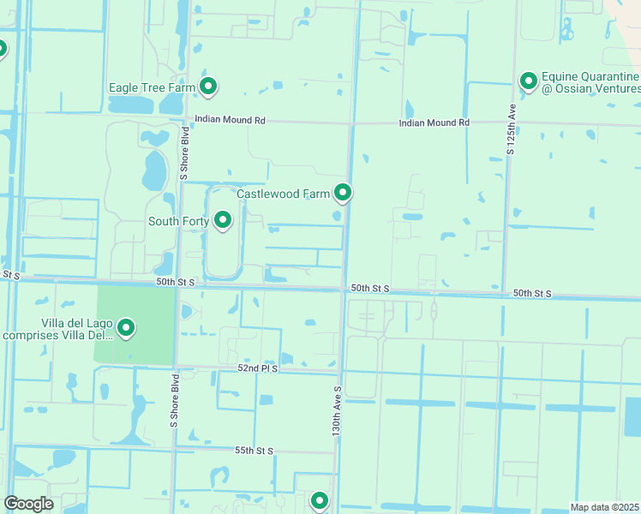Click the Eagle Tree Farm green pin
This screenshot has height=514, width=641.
pyautogui.click(x=207, y=86)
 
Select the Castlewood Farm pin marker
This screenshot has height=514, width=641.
pyautogui.click(x=343, y=193)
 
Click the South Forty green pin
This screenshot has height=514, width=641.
pyautogui.click(x=223, y=220)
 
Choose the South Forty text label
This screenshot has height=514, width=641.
pyautogui.click(x=178, y=222)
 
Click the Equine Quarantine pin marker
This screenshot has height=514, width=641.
pyautogui.click(x=529, y=81)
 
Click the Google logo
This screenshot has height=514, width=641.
pyautogui.click(x=28, y=504)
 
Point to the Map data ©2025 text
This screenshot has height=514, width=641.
pyautogui.click(x=605, y=507)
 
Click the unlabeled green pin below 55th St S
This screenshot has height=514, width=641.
pyautogui.click(x=320, y=499)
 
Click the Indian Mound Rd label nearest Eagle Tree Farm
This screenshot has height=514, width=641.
pyautogui.click(x=230, y=121)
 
